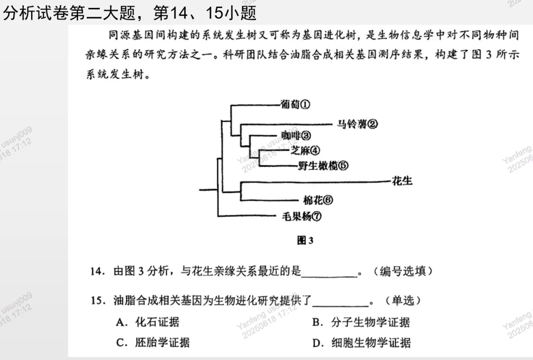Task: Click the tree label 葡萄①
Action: click(295, 105)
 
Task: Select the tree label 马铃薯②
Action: click(357, 124)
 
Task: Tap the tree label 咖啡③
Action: click(296, 136)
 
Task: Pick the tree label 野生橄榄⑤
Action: click(323, 166)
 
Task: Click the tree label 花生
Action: click(402, 181)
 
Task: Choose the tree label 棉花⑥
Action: click(318, 200)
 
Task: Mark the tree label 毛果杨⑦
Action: click(302, 216)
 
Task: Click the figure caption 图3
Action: click(305, 241)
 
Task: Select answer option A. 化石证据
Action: click(148, 323)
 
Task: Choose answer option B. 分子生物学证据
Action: click(361, 323)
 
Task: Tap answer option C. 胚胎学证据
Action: click(153, 342)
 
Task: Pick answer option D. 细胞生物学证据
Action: click(361, 342)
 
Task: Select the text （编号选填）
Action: click(402, 271)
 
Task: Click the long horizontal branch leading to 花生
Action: click(316, 181)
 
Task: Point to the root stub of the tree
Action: click(208, 189)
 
